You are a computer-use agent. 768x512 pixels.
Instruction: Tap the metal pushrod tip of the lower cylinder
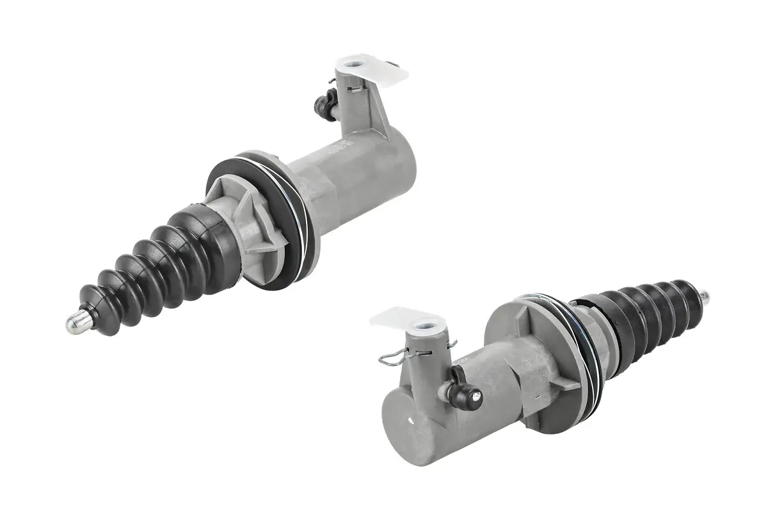[704, 296]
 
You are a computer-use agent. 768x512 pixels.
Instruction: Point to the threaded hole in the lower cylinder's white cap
[423, 325]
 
